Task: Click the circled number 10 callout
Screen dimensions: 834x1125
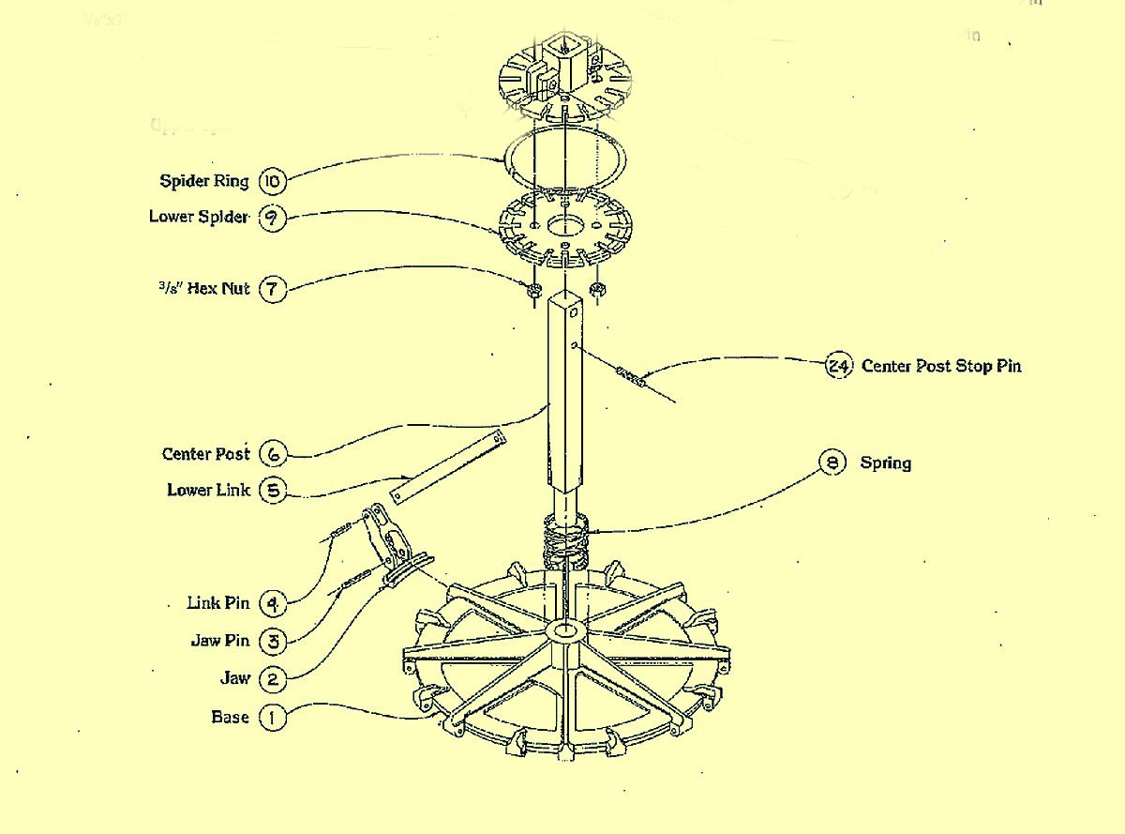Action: pos(272,181)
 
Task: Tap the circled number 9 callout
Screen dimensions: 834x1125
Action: pos(272,218)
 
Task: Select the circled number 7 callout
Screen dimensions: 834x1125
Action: pos(272,289)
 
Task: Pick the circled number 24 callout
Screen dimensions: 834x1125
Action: pos(836,366)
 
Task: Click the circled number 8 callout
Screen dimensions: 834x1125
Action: pos(832,462)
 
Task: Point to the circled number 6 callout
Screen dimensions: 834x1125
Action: pos(272,454)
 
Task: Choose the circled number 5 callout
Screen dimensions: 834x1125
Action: pos(272,491)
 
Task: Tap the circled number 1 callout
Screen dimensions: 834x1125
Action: pos(272,718)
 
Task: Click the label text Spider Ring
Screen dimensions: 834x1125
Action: pos(204,181)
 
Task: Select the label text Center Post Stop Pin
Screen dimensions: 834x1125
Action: pos(941,366)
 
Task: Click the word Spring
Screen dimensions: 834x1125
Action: pos(885,462)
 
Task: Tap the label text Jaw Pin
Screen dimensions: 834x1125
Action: pos(220,641)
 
